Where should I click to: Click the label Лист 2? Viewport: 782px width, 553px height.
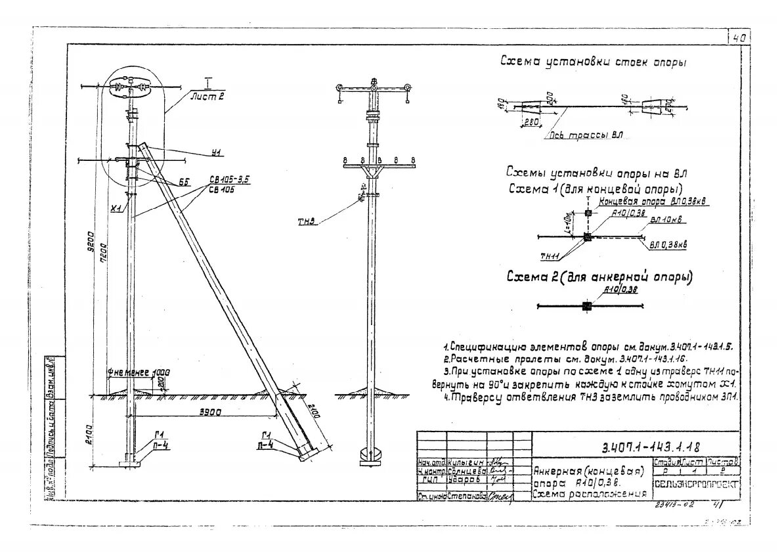click(x=207, y=96)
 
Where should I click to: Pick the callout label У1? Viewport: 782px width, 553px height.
click(x=217, y=154)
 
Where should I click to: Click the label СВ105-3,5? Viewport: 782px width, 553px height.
click(x=219, y=180)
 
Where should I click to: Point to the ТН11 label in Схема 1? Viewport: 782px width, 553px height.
click(x=550, y=256)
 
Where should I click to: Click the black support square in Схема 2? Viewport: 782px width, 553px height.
click(x=586, y=306)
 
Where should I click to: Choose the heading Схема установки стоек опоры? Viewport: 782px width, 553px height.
click(x=594, y=62)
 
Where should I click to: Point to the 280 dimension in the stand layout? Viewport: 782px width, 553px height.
click(x=532, y=122)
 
